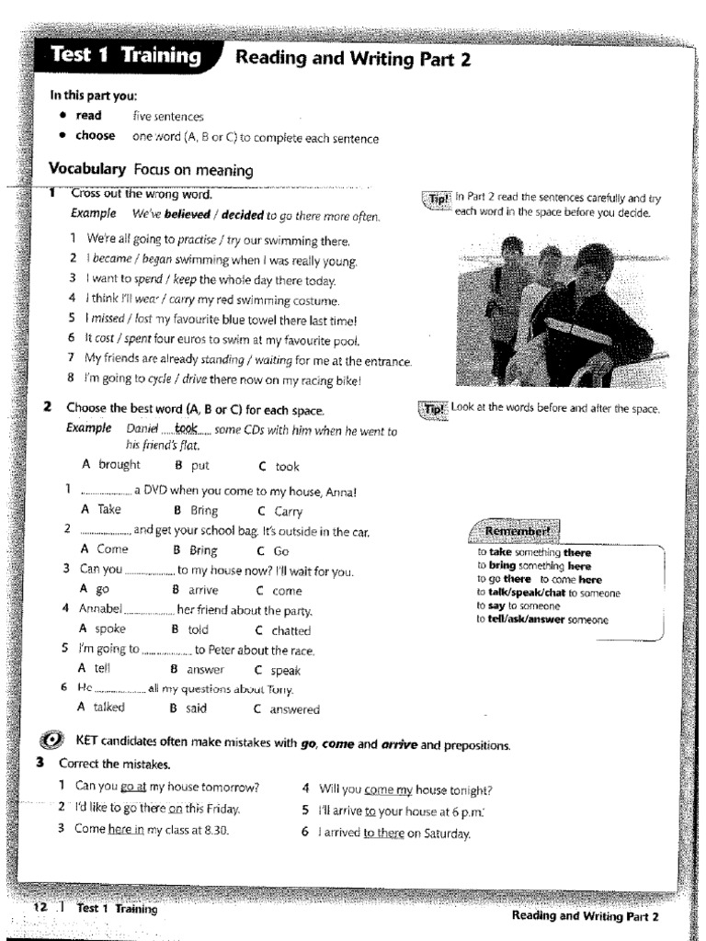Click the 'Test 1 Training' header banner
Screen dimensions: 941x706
pyautogui.click(x=126, y=56)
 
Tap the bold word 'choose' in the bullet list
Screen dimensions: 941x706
pyautogui.click(x=96, y=136)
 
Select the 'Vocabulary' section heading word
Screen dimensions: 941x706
pyautogui.click(x=86, y=169)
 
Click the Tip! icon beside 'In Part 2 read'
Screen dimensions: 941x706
pyautogui.click(x=436, y=200)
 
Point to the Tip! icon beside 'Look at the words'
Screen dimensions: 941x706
pyautogui.click(x=433, y=410)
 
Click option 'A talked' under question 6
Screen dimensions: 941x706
pyautogui.click(x=102, y=709)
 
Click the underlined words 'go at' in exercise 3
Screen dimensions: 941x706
pyautogui.click(x=134, y=788)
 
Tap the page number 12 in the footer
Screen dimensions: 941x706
pyautogui.click(x=40, y=908)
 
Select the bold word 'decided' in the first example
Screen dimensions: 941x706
pyautogui.click(x=238, y=216)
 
